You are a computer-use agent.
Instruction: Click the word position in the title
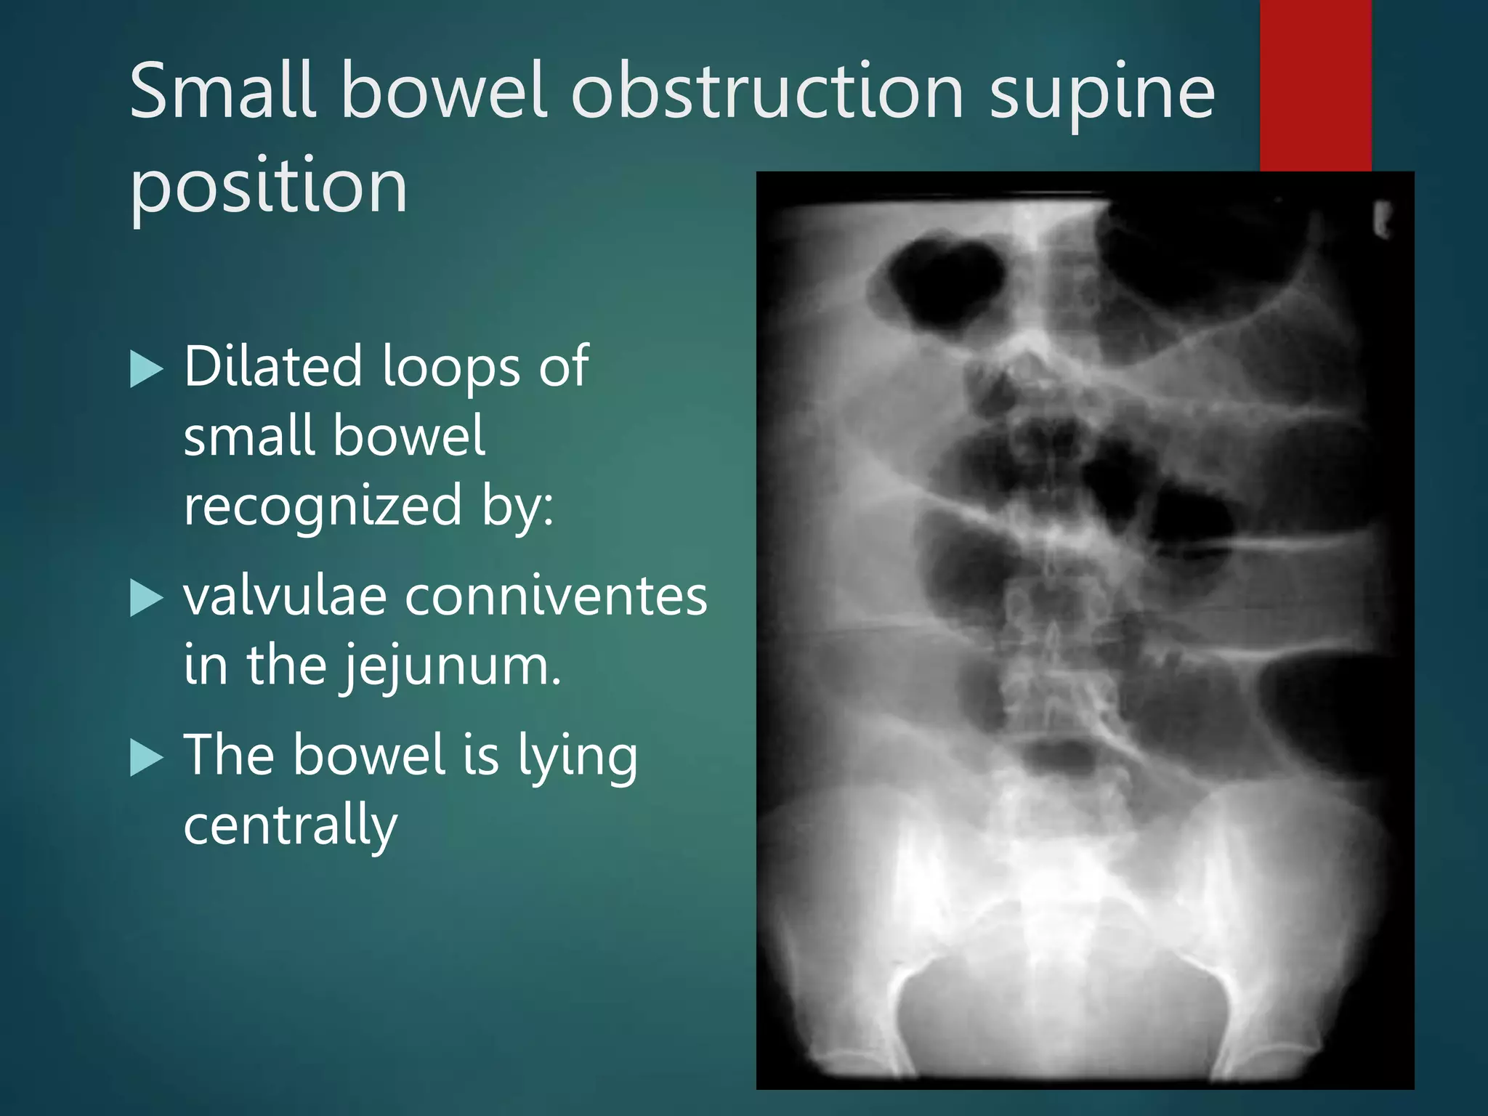click(x=268, y=187)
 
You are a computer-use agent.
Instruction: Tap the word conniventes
click(x=556, y=597)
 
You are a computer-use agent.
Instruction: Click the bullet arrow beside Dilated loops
click(x=146, y=369)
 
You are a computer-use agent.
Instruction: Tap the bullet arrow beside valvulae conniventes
click(x=146, y=598)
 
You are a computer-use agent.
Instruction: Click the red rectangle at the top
click(x=1315, y=84)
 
